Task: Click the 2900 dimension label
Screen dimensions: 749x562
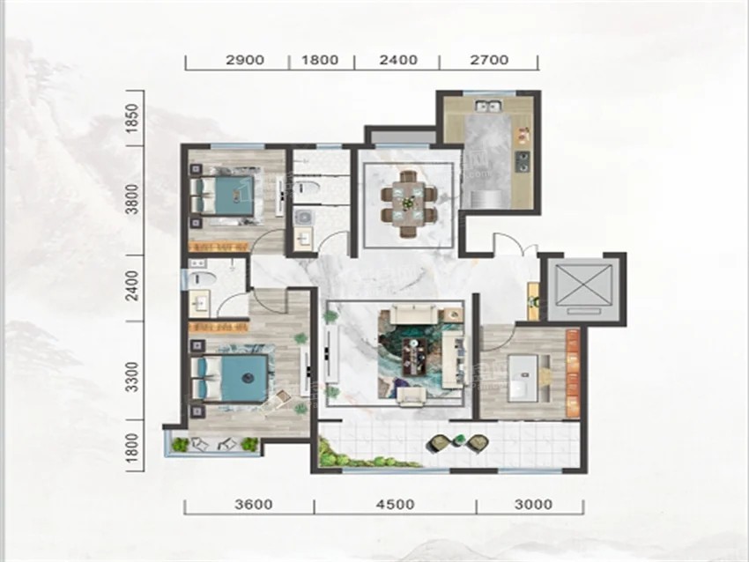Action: click(245, 60)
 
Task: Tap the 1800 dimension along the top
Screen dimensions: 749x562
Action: click(320, 60)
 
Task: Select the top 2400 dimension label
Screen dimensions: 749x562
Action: click(398, 60)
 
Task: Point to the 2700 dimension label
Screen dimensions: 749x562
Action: click(489, 60)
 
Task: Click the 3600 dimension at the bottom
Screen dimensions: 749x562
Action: click(254, 504)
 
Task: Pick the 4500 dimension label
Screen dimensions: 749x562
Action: click(396, 504)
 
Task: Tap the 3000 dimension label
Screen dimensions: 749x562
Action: click(534, 504)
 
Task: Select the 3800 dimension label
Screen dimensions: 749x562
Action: click(133, 200)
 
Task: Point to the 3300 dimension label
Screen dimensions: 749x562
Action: click(133, 377)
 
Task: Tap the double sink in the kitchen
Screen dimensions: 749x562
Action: click(487, 106)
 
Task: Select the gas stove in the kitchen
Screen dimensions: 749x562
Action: click(523, 161)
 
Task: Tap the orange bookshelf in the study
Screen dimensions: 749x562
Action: click(573, 373)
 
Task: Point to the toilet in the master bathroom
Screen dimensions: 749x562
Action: click(202, 279)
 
